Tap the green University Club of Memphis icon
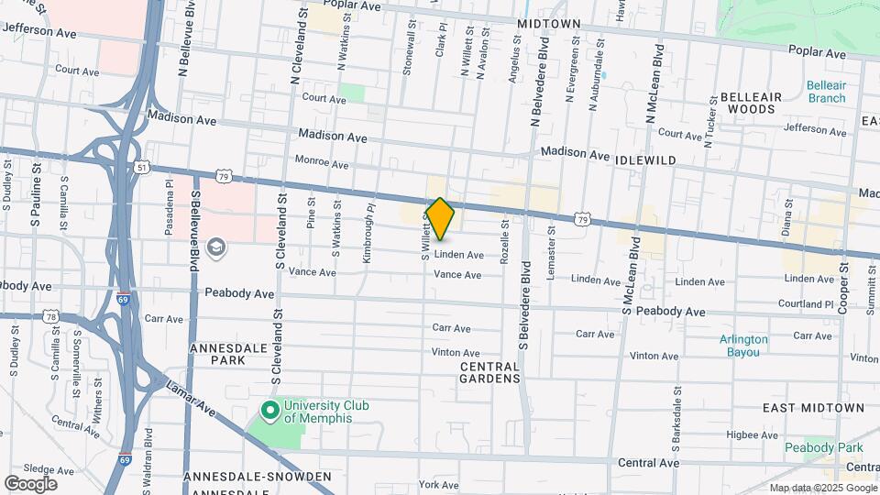tap(270, 410)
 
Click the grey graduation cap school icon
tap(216, 248)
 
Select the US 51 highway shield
tap(140, 168)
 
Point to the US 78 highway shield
tap(50, 317)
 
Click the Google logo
tap(30, 484)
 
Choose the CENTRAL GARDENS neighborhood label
tap(489, 371)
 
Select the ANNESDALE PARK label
tap(217, 355)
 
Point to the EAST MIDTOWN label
tap(813, 407)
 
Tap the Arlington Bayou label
tap(743, 346)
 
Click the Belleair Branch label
tap(826, 92)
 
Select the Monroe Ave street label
tap(322, 164)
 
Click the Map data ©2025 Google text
tap(822, 489)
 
